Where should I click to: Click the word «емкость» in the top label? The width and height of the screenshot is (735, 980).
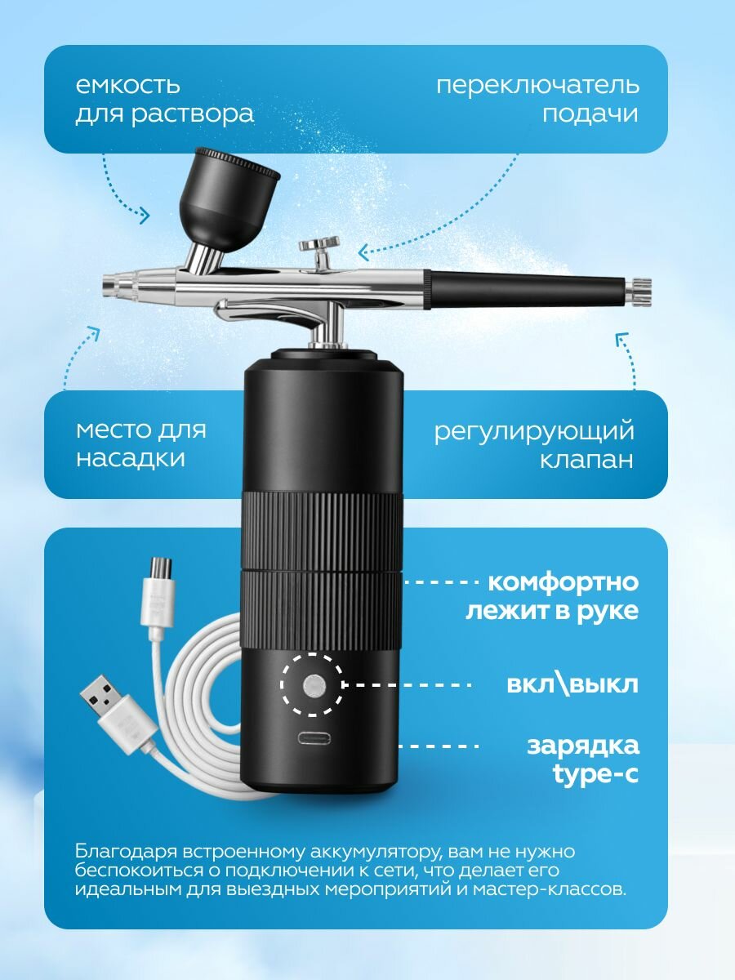click(127, 85)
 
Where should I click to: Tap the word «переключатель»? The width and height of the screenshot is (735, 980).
click(537, 85)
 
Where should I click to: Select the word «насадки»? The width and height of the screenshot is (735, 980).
click(131, 458)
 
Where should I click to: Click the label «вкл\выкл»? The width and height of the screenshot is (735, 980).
click(572, 685)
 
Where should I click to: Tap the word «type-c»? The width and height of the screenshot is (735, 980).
click(595, 773)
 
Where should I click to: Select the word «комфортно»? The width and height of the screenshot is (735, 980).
click(563, 582)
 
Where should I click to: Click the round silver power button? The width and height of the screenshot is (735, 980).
click(314, 685)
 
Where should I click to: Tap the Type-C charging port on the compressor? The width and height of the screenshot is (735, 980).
click(314, 738)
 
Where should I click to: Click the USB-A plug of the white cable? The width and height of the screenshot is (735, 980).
click(118, 715)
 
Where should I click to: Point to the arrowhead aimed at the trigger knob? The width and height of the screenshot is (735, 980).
click(363, 252)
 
